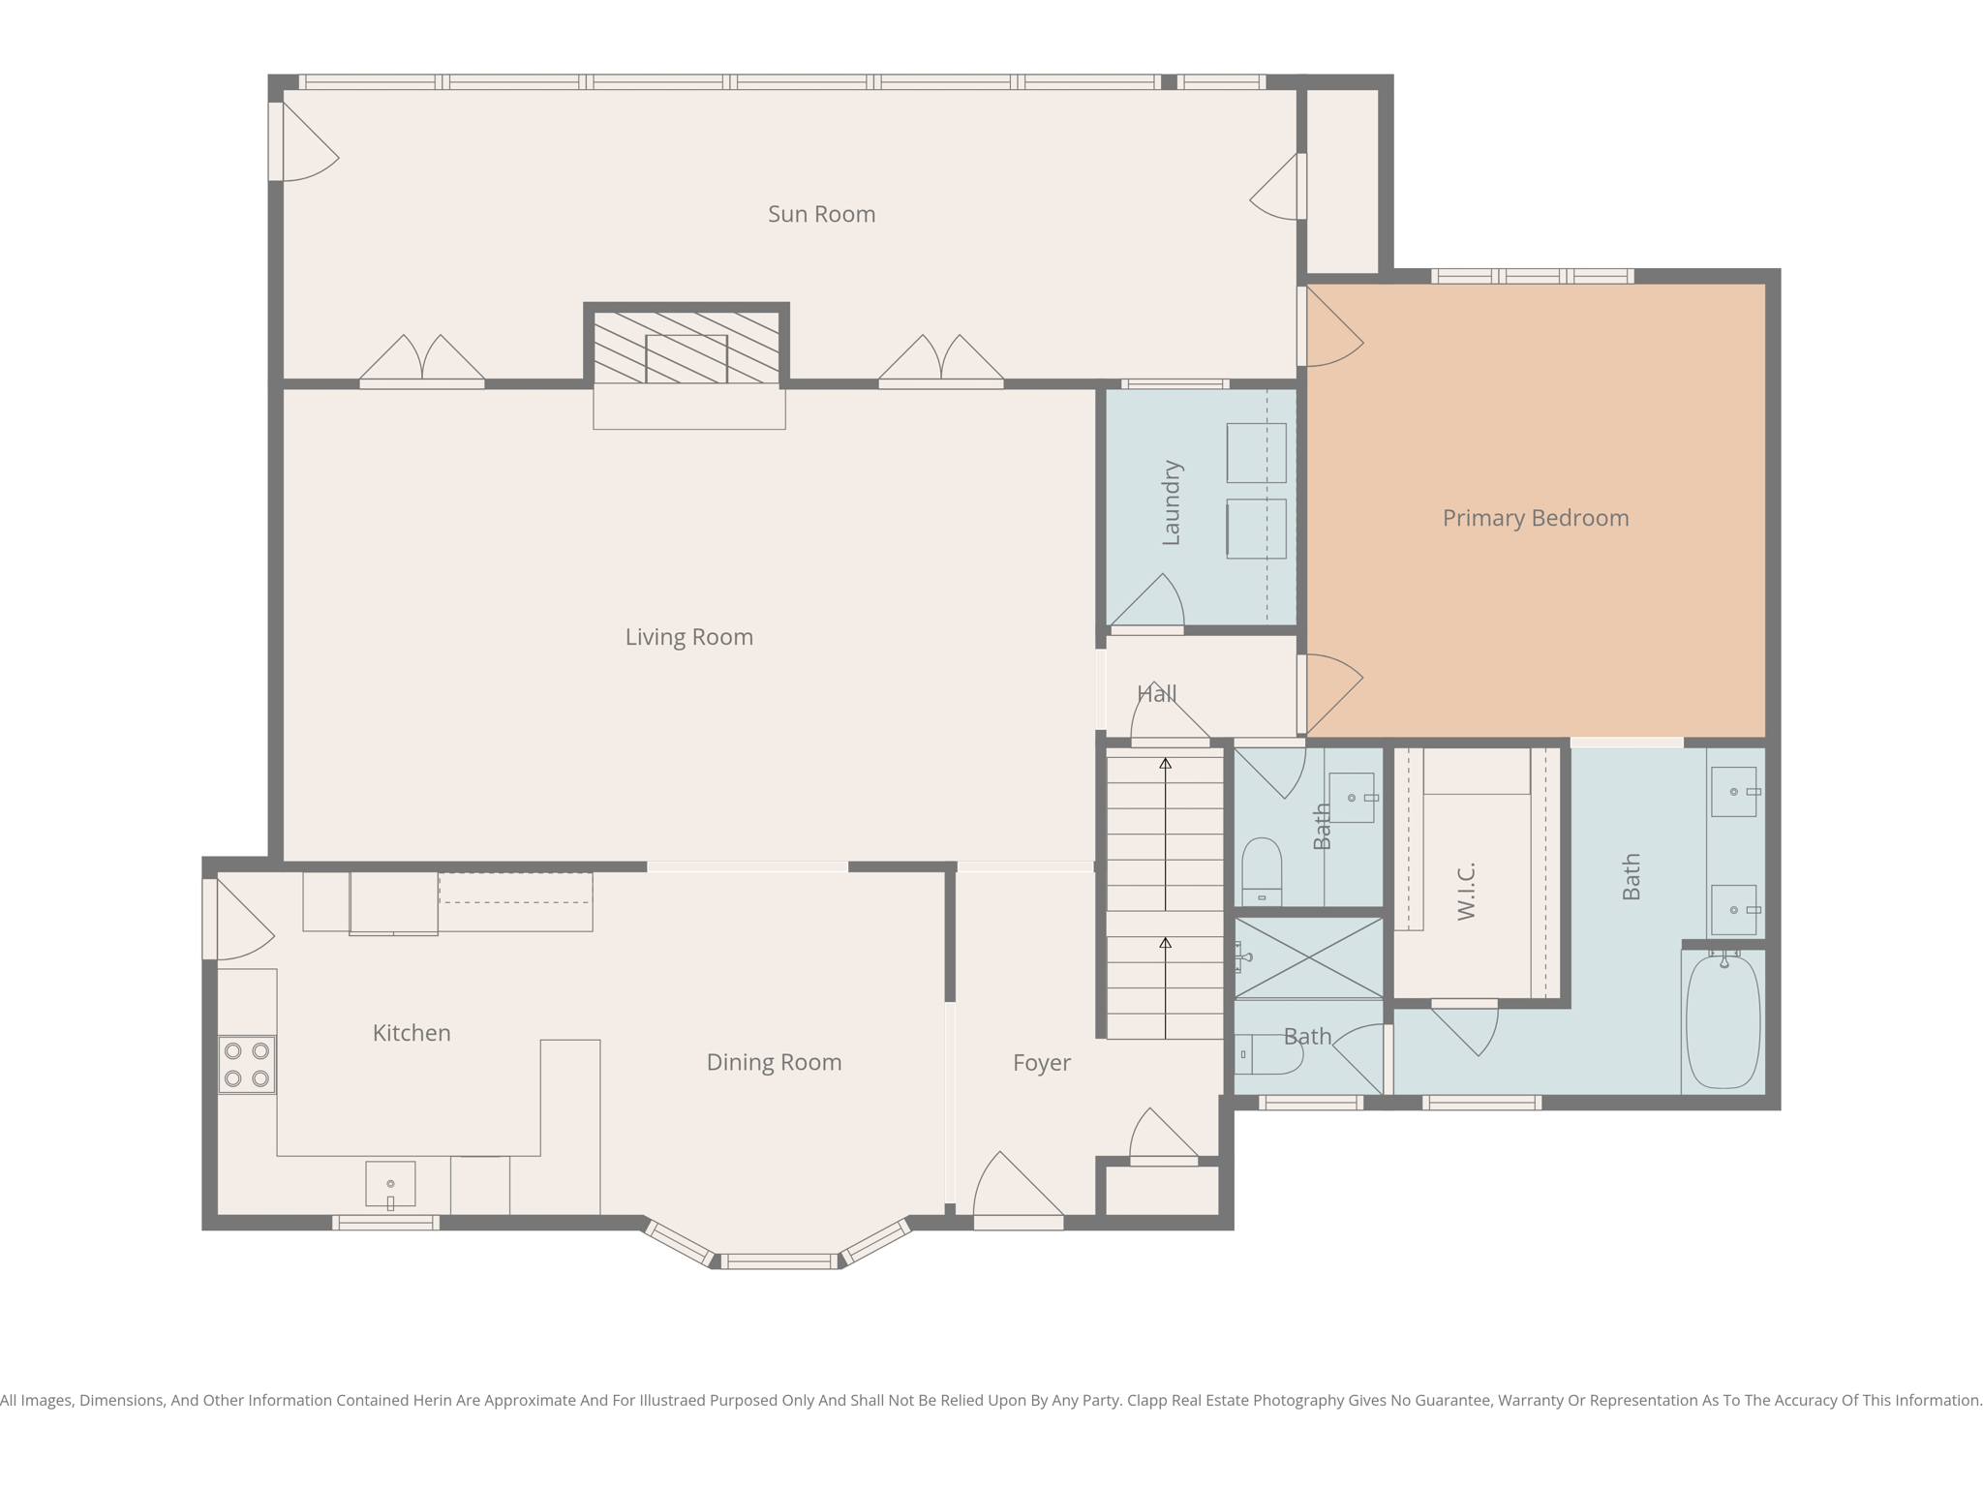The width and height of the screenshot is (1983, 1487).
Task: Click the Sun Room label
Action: coord(821,214)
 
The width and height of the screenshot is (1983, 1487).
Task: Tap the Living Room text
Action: coord(688,637)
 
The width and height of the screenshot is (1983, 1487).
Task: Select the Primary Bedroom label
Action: coord(1535,518)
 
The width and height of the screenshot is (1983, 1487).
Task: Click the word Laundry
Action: coord(1171,502)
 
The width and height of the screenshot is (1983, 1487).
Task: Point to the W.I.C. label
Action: coord(1466,891)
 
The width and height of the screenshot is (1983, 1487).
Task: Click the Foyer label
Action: coord(1041,1063)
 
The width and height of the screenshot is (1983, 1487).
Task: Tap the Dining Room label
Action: coord(774,1062)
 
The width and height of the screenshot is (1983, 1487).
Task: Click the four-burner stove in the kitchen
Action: coord(247,1065)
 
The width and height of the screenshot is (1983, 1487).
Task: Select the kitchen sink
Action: coord(390,1184)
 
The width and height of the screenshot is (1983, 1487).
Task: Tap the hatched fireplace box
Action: coord(686,347)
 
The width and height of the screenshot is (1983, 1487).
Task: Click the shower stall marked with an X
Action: coord(1308,957)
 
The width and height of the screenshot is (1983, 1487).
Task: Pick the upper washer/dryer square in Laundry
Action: coord(1256,452)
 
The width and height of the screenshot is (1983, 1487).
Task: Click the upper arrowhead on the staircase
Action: coord(1166,764)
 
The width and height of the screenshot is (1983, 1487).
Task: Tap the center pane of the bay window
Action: coord(778,1260)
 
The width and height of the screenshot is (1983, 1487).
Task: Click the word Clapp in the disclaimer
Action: coord(1148,1400)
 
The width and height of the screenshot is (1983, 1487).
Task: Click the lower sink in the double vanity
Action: coord(1733,910)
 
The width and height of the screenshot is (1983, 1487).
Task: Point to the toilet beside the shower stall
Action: coord(1270,1054)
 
